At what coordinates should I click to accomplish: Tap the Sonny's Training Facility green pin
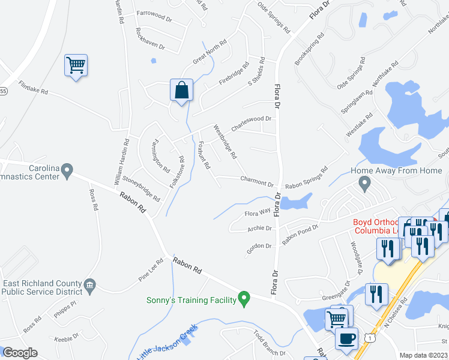244,298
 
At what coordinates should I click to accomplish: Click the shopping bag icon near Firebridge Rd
181,91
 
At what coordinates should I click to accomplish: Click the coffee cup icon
346,338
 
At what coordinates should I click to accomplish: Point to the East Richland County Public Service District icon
90,284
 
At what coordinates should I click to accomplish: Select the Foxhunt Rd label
204,155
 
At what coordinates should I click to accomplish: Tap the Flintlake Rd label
33,88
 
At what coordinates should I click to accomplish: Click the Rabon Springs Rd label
306,178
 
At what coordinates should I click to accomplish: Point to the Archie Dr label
260,229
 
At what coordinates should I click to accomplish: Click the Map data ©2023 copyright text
423,355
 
